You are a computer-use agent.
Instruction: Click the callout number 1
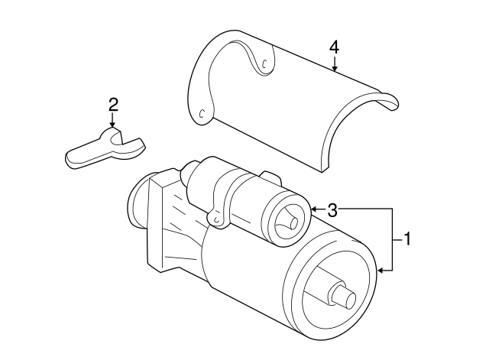407,239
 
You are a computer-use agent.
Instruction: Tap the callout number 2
112,104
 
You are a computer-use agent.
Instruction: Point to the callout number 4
334,47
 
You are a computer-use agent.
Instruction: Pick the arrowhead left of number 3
314,209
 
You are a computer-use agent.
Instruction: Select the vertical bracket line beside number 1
394,238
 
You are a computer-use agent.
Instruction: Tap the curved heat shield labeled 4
290,99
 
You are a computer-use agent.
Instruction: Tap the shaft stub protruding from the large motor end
342,294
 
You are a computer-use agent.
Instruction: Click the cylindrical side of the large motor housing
244,268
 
